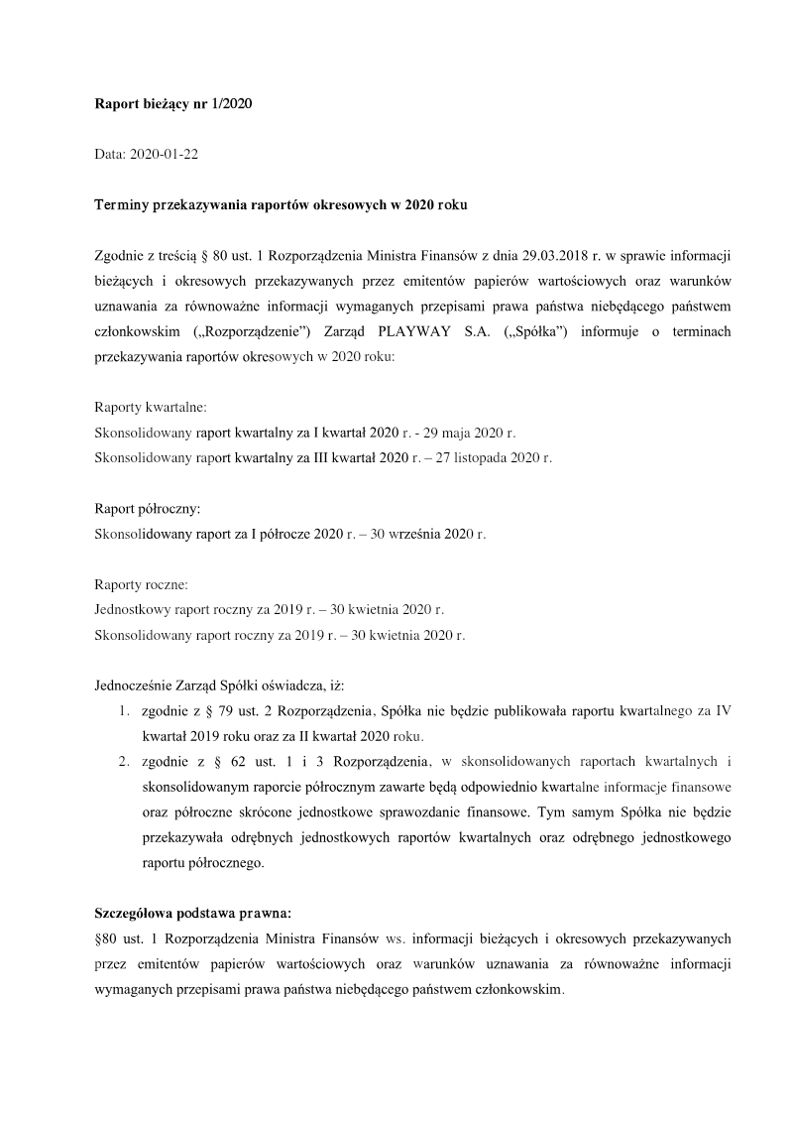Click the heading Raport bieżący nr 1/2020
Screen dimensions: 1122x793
[x=173, y=104]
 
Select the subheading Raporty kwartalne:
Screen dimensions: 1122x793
[x=151, y=408]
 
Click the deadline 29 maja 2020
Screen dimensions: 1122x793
[x=461, y=433]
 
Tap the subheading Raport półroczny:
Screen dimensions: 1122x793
[x=148, y=509]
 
